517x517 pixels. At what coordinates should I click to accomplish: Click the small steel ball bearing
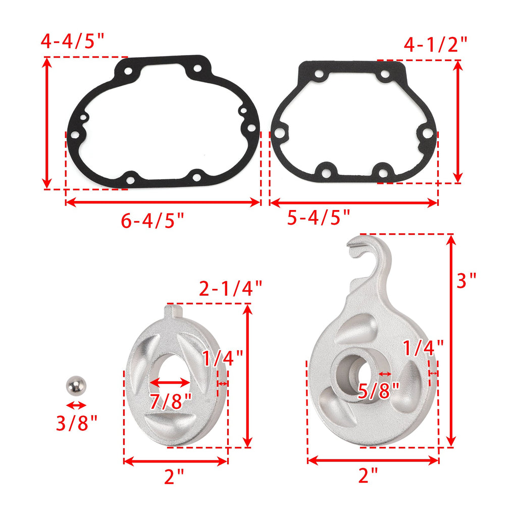pyautogui.click(x=76, y=385)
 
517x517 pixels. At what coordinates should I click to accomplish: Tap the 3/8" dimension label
pyautogui.click(x=77, y=423)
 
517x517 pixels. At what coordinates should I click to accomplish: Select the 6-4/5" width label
pyautogui.click(x=152, y=220)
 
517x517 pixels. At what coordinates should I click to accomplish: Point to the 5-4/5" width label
pyautogui.click(x=319, y=217)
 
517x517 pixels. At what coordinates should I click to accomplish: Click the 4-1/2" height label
pyautogui.click(x=436, y=44)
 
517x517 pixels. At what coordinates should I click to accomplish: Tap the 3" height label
pyautogui.click(x=467, y=280)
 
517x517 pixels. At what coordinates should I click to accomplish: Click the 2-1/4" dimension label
pyautogui.click(x=230, y=288)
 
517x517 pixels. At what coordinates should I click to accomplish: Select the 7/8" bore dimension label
pyautogui.click(x=171, y=401)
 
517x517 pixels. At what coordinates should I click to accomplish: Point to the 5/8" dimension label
pyautogui.click(x=379, y=391)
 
